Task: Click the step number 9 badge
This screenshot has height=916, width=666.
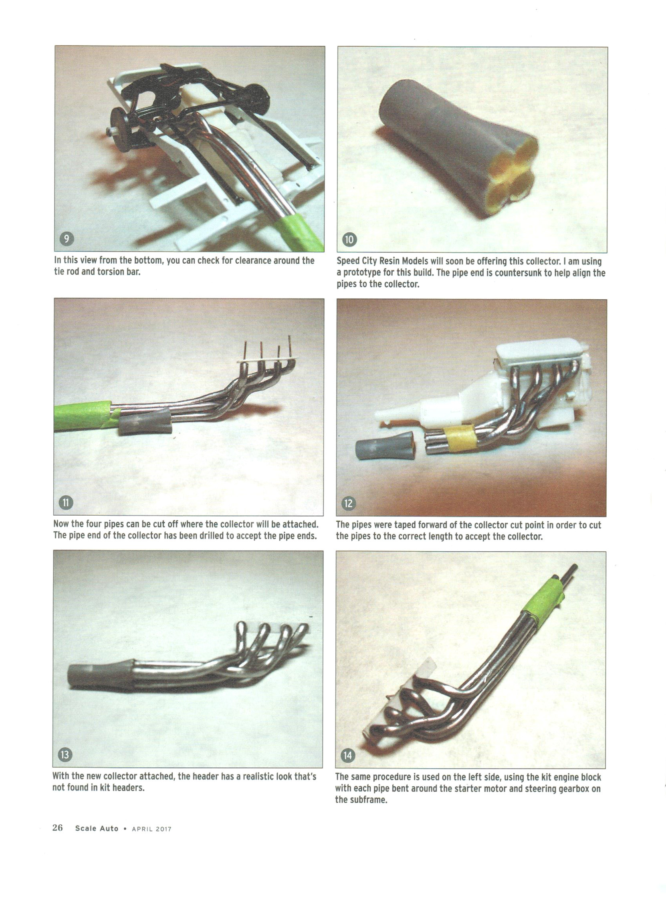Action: pos(67,239)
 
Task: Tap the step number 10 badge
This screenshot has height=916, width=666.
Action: pos(349,240)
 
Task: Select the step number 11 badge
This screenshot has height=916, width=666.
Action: pos(66,503)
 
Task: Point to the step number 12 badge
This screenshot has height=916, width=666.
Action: pos(349,503)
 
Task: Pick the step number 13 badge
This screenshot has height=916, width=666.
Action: pos(65,755)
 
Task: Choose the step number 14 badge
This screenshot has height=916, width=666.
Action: pos(348,755)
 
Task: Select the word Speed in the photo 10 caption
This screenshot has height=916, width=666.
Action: pos(348,261)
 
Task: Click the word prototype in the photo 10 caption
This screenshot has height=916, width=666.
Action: pos(361,272)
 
